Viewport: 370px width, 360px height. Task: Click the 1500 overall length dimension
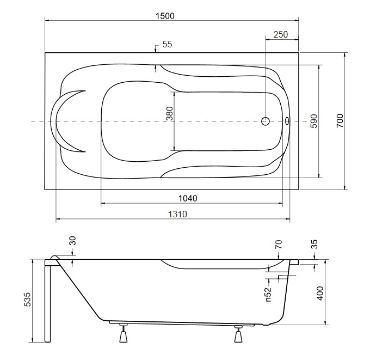165,16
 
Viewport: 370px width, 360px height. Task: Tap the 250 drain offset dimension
281,34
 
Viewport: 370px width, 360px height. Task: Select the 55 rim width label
167,44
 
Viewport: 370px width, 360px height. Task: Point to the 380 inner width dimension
169,113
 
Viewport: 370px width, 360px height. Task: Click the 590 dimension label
314,121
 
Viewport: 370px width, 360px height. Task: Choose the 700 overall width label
340,120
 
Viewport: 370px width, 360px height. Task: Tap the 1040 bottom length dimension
188,198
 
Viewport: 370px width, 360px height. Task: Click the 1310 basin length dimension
177,214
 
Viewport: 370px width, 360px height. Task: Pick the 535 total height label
27,300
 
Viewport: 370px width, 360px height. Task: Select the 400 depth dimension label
320,294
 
